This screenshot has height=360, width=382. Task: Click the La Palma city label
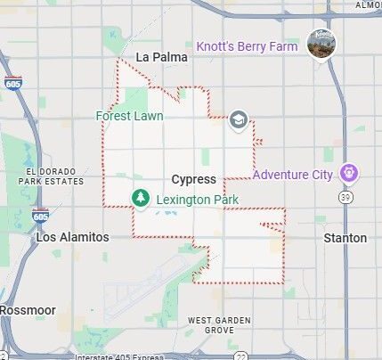coord(161,58)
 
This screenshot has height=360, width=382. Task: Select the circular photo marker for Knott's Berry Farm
coord(321,43)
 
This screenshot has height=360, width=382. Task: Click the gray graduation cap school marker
coord(238,120)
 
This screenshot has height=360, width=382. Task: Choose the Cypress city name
coord(193,179)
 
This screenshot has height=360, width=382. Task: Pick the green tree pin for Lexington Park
coord(140,198)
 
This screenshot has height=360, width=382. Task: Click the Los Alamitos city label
coord(73,238)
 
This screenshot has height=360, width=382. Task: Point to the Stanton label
coord(345,238)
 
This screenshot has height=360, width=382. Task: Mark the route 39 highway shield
coord(346,197)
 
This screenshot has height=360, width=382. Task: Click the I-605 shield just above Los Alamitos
coord(40,216)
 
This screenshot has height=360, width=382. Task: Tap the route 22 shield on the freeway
coord(241,356)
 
